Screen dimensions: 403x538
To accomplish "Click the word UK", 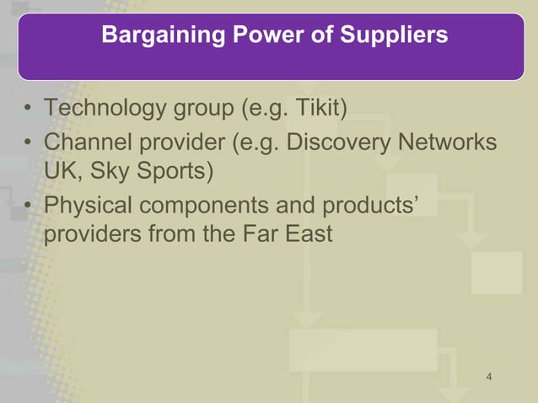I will coord(60,172).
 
